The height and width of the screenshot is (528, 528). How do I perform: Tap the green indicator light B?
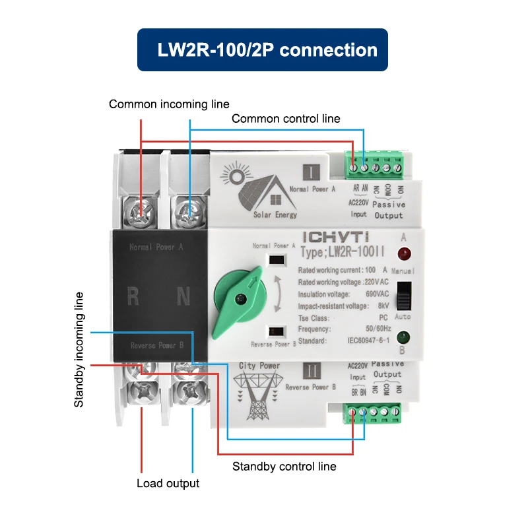point(403,337)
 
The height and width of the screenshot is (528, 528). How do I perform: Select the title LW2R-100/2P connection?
point(262,49)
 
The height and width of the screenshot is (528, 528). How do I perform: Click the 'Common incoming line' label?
point(169,104)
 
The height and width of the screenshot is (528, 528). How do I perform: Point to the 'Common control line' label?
point(286,119)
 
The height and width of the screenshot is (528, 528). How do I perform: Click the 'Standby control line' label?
point(284,466)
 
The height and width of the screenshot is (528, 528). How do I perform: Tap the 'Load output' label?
point(168,483)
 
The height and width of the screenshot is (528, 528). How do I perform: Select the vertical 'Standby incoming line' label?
point(79,349)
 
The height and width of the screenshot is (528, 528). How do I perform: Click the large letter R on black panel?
point(133,297)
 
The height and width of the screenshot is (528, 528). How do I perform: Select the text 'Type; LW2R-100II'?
point(339,251)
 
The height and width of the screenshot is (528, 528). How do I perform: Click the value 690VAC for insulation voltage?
point(376,294)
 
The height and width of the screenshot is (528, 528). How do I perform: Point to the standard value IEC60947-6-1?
point(370,341)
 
